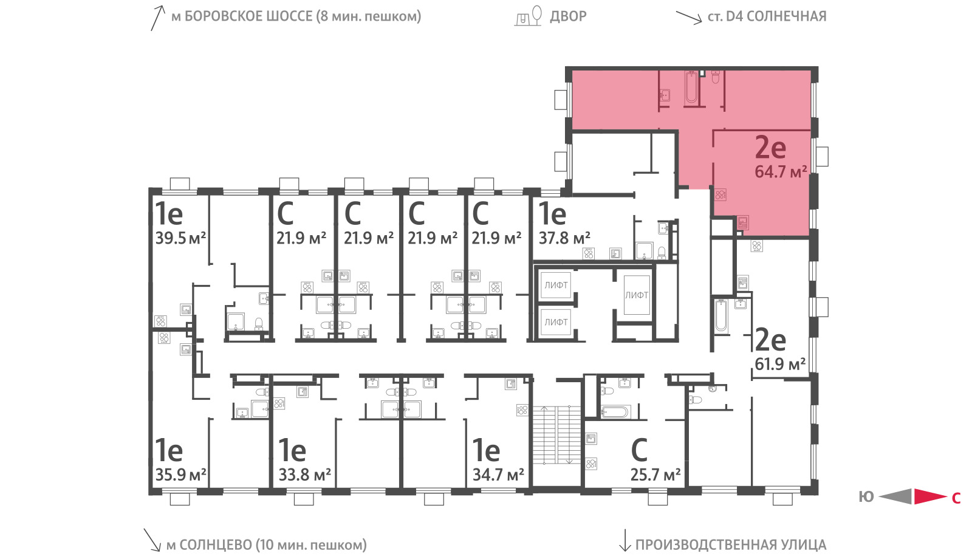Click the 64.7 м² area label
[x=781, y=172]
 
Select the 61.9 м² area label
[x=780, y=364]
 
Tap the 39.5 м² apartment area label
[x=180, y=238]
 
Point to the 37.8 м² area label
[x=564, y=238]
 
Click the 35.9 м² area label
[x=180, y=475]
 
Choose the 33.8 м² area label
[x=304, y=475]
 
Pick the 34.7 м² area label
[x=498, y=475]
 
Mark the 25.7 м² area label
[x=655, y=475]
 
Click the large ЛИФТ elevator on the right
[x=637, y=295]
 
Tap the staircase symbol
[x=556, y=435]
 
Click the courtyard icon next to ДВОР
[x=529, y=16]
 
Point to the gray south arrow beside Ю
[x=895, y=496]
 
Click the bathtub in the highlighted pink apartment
[x=691, y=88]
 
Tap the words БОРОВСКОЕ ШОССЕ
[x=248, y=16]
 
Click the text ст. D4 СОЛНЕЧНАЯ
[x=767, y=16]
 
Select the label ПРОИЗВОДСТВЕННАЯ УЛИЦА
[x=731, y=544]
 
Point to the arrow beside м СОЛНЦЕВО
[x=152, y=540]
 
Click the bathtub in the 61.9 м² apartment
[x=720, y=315]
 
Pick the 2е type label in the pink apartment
[x=770, y=148]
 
